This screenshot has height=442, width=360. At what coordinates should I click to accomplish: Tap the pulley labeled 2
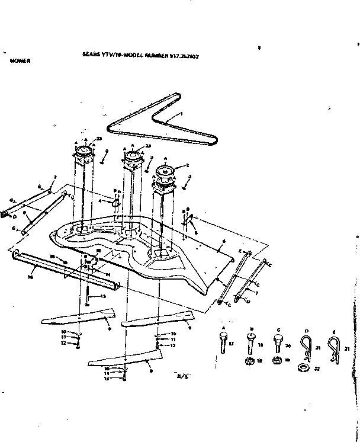[166, 174]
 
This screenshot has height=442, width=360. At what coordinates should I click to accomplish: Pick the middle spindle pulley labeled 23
[133, 158]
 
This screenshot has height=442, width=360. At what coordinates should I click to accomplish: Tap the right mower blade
[156, 319]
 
